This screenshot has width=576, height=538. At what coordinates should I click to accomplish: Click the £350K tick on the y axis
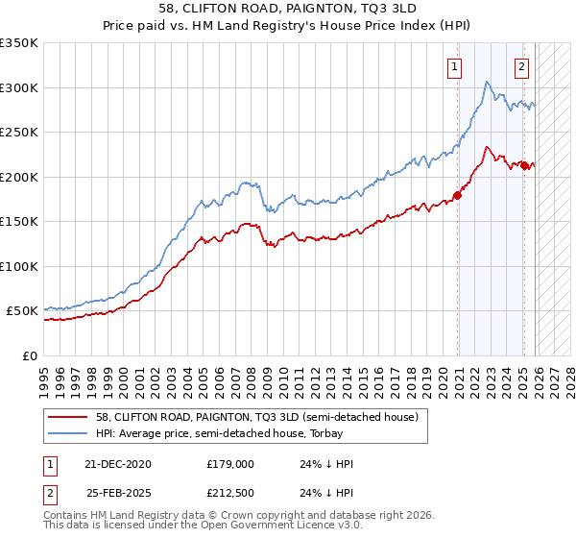[x=19, y=43]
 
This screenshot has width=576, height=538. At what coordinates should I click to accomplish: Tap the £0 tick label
[x=29, y=355]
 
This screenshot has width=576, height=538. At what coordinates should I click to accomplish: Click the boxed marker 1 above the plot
[x=453, y=66]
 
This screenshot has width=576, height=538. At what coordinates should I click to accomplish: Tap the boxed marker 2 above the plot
[x=521, y=66]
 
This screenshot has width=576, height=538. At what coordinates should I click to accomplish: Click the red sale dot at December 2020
[x=457, y=196]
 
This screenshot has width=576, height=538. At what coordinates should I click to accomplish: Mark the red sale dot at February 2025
[x=523, y=166]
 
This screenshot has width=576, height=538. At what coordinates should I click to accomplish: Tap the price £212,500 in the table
[x=231, y=495]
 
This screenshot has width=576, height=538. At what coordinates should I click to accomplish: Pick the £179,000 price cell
[x=231, y=464]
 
